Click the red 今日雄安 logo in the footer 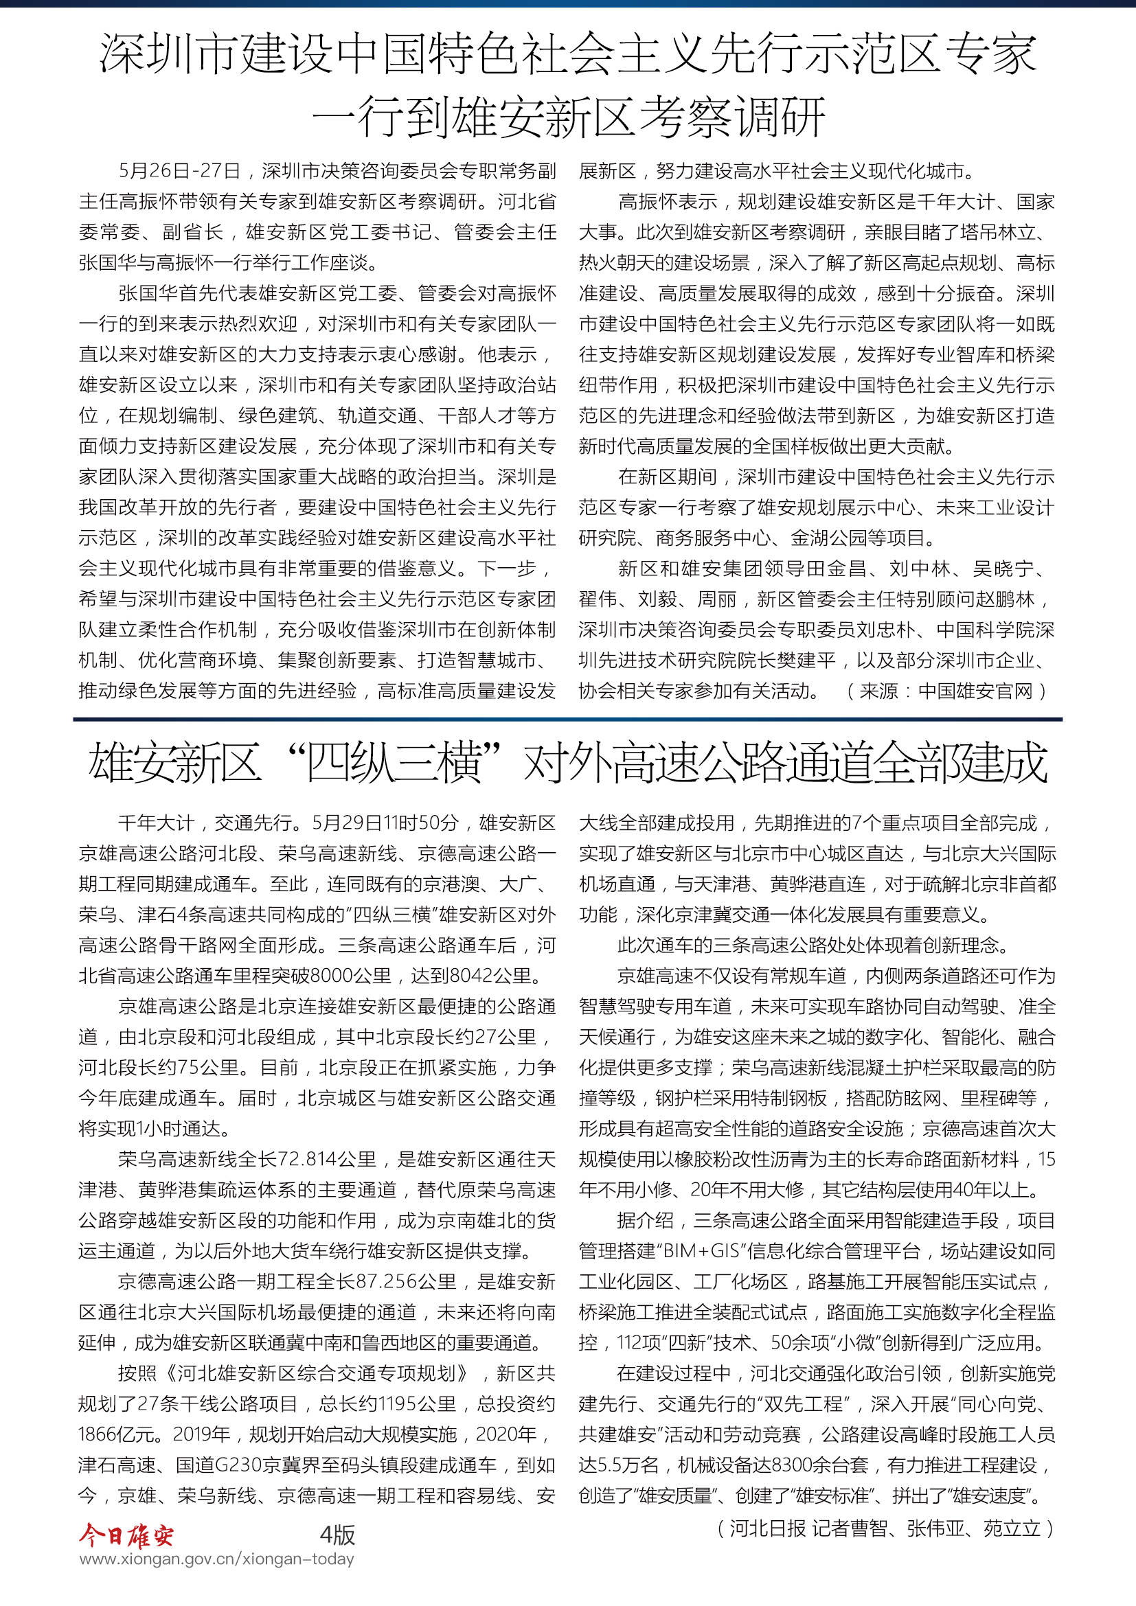point(126,1535)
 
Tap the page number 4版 point(337,1535)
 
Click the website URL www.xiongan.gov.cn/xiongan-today point(217,1559)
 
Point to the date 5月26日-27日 point(180,171)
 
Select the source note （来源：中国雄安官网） point(946,691)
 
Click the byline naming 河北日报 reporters point(885,1528)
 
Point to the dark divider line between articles point(567,719)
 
